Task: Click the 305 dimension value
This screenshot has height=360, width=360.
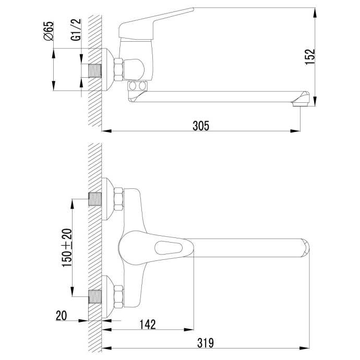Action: click(201, 125)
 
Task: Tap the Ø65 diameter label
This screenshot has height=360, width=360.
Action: click(48, 32)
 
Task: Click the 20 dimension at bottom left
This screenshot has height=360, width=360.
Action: click(61, 315)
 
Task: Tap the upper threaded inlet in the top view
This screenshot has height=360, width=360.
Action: click(95, 199)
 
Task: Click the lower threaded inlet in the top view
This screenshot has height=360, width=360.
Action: click(95, 296)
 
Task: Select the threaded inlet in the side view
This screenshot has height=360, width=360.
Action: click(95, 70)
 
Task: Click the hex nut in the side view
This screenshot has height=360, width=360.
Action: click(119, 70)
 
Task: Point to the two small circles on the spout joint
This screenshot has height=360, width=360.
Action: click(138, 85)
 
